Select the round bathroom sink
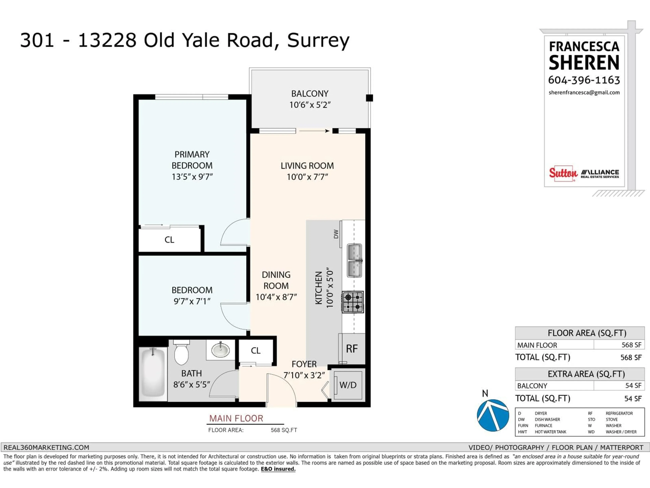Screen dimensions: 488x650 220,350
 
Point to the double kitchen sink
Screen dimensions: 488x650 354,260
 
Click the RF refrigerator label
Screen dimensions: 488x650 352,349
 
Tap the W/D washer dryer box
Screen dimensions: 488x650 348,385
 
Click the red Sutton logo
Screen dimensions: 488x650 563,173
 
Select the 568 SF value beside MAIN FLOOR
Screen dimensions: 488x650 631,345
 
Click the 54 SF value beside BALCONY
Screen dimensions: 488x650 633,386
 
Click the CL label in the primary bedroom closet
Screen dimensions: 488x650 169,240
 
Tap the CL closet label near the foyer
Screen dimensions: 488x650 255,351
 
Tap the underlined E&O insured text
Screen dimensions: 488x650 278,469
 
